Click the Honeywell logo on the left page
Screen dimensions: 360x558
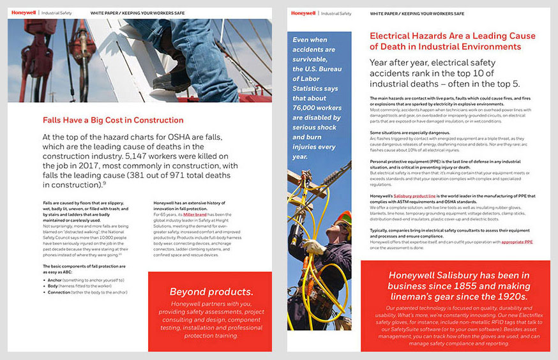pos(23,12)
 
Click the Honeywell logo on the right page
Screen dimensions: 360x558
pos(303,13)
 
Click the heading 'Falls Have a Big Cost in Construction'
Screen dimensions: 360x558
pos(105,119)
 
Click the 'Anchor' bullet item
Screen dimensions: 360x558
pos(56,280)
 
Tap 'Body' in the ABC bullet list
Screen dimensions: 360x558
pos(54,286)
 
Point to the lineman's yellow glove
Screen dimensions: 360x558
pos(313,246)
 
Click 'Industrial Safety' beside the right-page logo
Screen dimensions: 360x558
pos(336,13)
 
